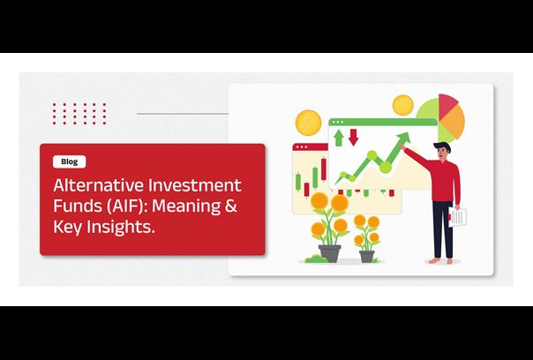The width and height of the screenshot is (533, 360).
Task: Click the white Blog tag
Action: tap(70, 161)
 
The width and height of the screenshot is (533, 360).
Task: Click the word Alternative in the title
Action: tap(98, 185)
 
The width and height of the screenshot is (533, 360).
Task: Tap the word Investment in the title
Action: tap(195, 185)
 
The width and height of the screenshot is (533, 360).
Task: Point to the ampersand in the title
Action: tap(231, 206)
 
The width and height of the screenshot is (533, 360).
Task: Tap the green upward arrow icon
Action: tap(338, 138)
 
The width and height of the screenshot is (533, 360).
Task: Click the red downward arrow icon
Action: tap(354, 138)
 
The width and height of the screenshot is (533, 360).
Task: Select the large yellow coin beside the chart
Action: tap(308, 123)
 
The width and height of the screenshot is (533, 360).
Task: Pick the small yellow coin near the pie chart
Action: tap(402, 105)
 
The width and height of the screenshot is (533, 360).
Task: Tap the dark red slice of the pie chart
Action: tap(447, 104)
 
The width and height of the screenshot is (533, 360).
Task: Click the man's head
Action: tap(443, 151)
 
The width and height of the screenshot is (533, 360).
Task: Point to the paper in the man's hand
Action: tap(457, 217)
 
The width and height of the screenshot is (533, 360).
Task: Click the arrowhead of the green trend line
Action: tap(404, 138)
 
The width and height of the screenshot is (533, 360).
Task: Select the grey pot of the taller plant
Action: tap(329, 253)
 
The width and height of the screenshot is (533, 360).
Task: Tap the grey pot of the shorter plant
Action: tap(367, 256)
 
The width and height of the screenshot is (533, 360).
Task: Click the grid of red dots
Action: tap(79, 114)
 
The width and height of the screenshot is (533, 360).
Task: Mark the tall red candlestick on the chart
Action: tap(323, 169)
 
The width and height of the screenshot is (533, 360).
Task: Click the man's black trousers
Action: tap(443, 229)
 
